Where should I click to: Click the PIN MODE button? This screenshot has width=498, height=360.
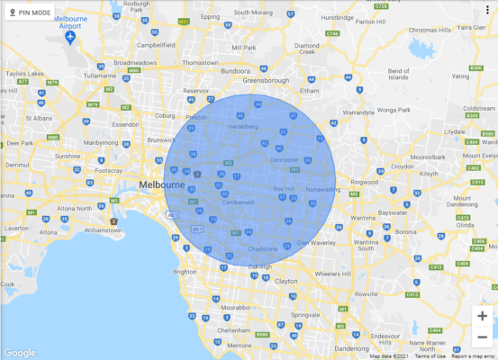tap(30, 13)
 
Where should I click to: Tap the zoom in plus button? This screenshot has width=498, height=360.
tap(483, 316)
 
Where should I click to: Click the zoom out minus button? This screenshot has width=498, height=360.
tap(483, 337)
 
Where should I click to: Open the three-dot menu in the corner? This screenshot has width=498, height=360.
tap(486, 11)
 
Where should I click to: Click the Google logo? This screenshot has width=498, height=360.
tap(19, 352)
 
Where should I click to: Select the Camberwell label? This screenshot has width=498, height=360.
tap(239, 202)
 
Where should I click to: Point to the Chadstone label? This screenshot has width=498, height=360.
tap(262, 248)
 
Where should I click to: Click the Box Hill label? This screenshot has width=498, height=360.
tap(285, 189)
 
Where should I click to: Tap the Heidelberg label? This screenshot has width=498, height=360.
tap(241, 126)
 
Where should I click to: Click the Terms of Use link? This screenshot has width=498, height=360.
tap(430, 355)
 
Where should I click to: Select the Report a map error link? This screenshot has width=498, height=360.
tap(473, 355)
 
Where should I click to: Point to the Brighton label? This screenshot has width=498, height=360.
tap(185, 271)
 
